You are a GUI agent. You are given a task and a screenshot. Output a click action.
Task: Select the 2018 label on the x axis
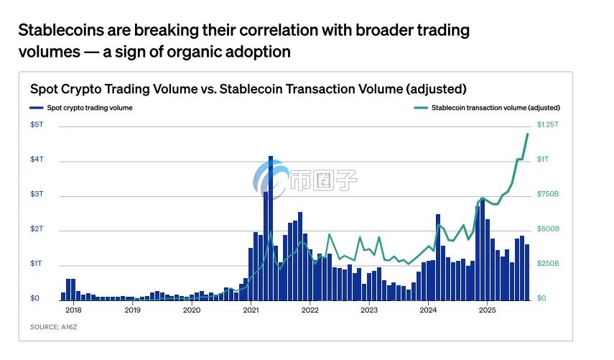73,310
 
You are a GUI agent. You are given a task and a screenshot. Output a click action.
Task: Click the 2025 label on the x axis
487,310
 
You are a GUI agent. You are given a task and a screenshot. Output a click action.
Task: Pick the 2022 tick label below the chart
310,310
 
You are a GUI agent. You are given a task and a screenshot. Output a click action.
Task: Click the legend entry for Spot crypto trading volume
80,108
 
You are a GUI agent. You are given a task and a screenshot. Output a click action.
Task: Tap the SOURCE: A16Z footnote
54,327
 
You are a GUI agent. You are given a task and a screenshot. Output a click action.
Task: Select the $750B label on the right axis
547,194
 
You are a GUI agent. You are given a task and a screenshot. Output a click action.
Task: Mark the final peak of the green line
528,134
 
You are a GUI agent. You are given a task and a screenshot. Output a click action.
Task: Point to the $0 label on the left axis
34,298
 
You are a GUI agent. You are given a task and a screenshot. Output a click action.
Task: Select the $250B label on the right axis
547,264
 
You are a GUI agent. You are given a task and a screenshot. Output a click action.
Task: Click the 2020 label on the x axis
191,310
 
